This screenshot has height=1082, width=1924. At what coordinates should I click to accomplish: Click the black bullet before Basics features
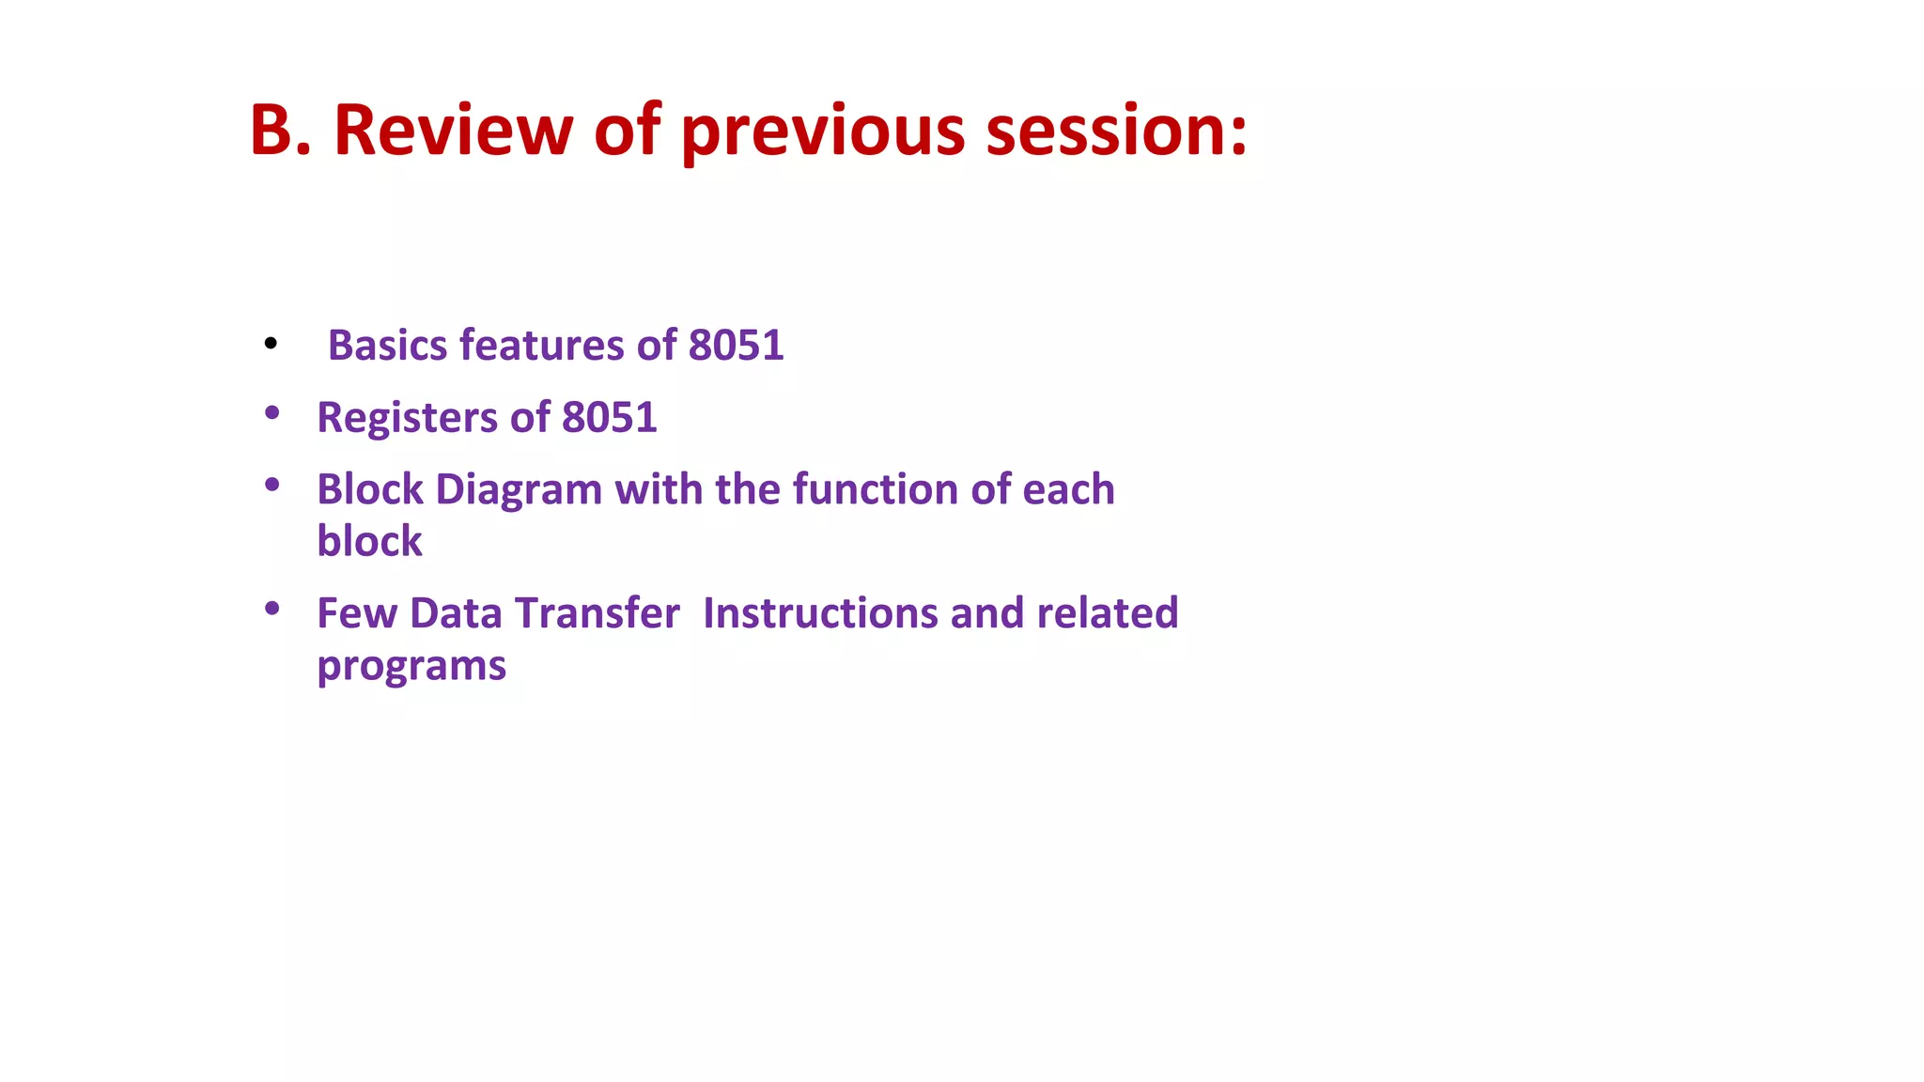pyautogui.click(x=272, y=345)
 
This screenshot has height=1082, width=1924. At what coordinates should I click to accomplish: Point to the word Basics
pyautogui.click(x=387, y=346)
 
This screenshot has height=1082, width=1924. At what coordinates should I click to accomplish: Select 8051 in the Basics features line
pyautogui.click(x=736, y=346)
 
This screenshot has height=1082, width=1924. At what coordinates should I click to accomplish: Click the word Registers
pyautogui.click(x=407, y=418)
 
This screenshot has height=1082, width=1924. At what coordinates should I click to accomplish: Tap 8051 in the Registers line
pyautogui.click(x=609, y=418)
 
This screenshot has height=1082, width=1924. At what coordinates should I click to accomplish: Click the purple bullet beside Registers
pyautogui.click(x=272, y=412)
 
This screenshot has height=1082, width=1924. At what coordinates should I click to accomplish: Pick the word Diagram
pyautogui.click(x=519, y=489)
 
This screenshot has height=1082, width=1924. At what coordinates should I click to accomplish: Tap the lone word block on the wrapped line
pyautogui.click(x=369, y=542)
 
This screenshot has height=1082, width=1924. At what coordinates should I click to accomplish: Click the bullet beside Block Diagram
pyautogui.click(x=272, y=485)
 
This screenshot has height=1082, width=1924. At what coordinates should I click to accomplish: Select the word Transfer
pyautogui.click(x=597, y=613)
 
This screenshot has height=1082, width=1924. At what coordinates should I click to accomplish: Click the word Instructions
pyautogui.click(x=820, y=613)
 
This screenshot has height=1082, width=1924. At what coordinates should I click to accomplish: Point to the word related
pyautogui.click(x=1107, y=613)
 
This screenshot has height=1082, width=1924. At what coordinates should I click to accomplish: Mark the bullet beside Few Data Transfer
pyautogui.click(x=272, y=609)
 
